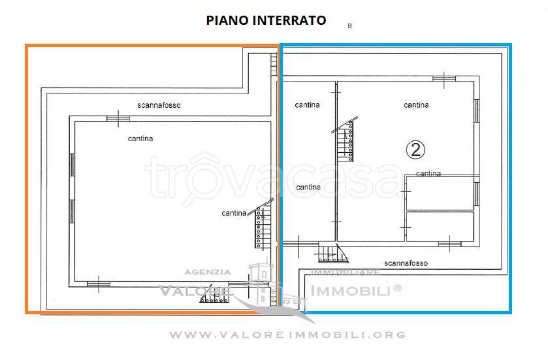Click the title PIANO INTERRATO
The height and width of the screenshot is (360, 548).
(x=266, y=20)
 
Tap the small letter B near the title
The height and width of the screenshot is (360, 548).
(x=349, y=26)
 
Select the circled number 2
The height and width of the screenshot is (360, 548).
(x=415, y=150)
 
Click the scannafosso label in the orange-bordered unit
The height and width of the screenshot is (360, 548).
(x=159, y=105)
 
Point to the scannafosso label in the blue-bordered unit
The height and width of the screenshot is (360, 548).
(x=406, y=263)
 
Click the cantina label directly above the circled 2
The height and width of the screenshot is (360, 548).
(x=416, y=105)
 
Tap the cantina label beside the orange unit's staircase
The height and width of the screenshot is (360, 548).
(x=234, y=213)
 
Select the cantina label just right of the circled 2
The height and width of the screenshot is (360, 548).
(x=428, y=174)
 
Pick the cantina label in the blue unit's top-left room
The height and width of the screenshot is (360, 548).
(x=307, y=105)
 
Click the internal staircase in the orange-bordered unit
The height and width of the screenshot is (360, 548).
(x=261, y=227)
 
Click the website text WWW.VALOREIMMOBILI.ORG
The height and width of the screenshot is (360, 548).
(x=287, y=335)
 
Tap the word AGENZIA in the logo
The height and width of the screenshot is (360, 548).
(x=207, y=272)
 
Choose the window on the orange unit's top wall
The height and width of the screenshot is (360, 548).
(x=118, y=118)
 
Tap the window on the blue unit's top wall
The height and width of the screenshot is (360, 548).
(x=444, y=78)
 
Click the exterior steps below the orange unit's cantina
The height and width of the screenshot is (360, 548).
(x=214, y=299)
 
